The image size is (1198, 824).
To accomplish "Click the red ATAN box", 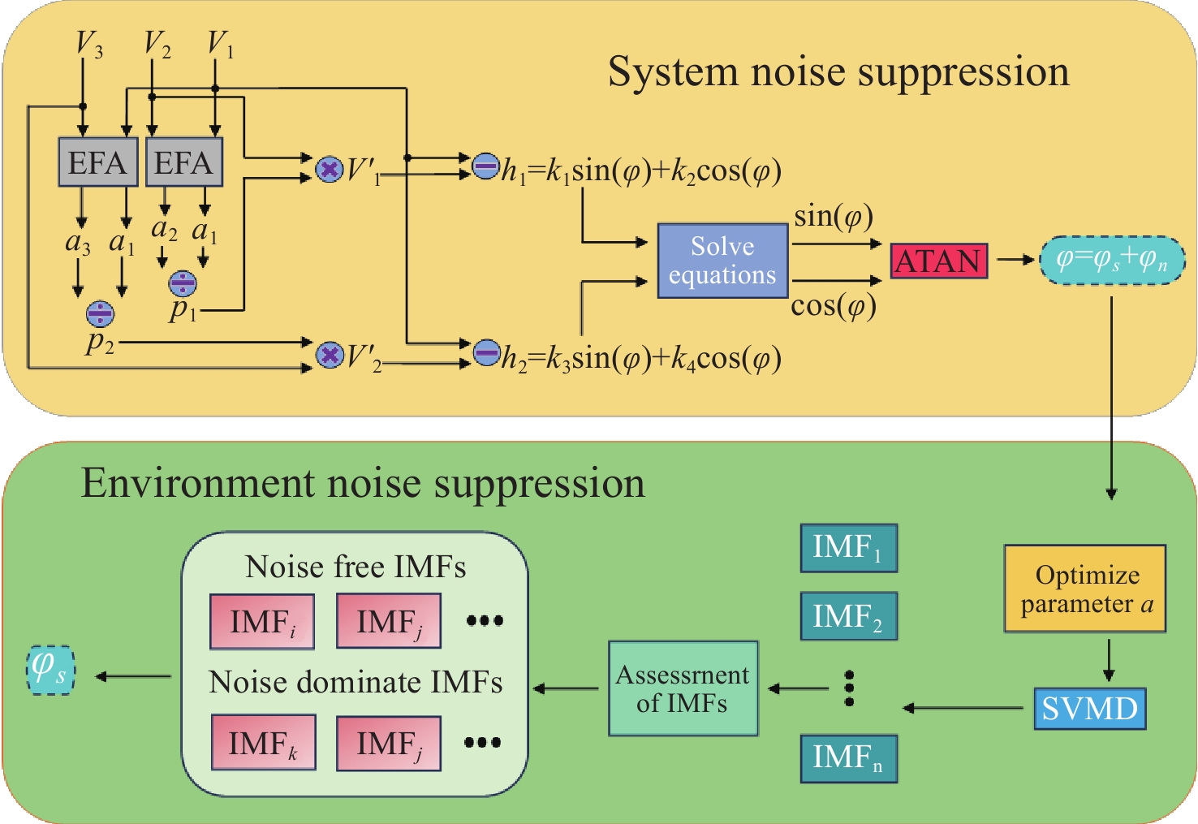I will tap(939, 261).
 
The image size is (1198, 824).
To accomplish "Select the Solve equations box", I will tap(722, 261).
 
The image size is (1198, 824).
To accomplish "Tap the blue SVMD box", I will tap(1089, 709).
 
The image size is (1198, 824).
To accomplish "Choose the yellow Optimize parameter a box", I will tap(1085, 589).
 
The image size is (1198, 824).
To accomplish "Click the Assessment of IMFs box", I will tap(683, 688).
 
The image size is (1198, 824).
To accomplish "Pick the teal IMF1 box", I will tap(849, 548).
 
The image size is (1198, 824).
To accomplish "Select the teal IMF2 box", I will tap(849, 617).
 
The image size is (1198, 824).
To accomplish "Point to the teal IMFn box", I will tap(849, 758).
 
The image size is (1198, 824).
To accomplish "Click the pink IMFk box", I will tap(263, 743).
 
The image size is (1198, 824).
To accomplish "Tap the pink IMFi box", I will tap(262, 622).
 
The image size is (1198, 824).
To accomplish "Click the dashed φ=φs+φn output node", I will tap(1112, 260).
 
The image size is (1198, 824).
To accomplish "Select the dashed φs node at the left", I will tap(50, 670).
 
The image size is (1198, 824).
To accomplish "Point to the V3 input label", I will tap(88, 44).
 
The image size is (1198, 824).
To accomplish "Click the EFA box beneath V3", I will tap(98, 162).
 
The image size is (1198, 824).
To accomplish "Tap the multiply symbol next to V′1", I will tap(329, 170).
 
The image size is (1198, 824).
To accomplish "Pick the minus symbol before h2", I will tap(486, 353).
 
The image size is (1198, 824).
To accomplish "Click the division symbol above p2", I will tap(100, 313).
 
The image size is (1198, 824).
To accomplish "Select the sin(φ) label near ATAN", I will tap(834, 217).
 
